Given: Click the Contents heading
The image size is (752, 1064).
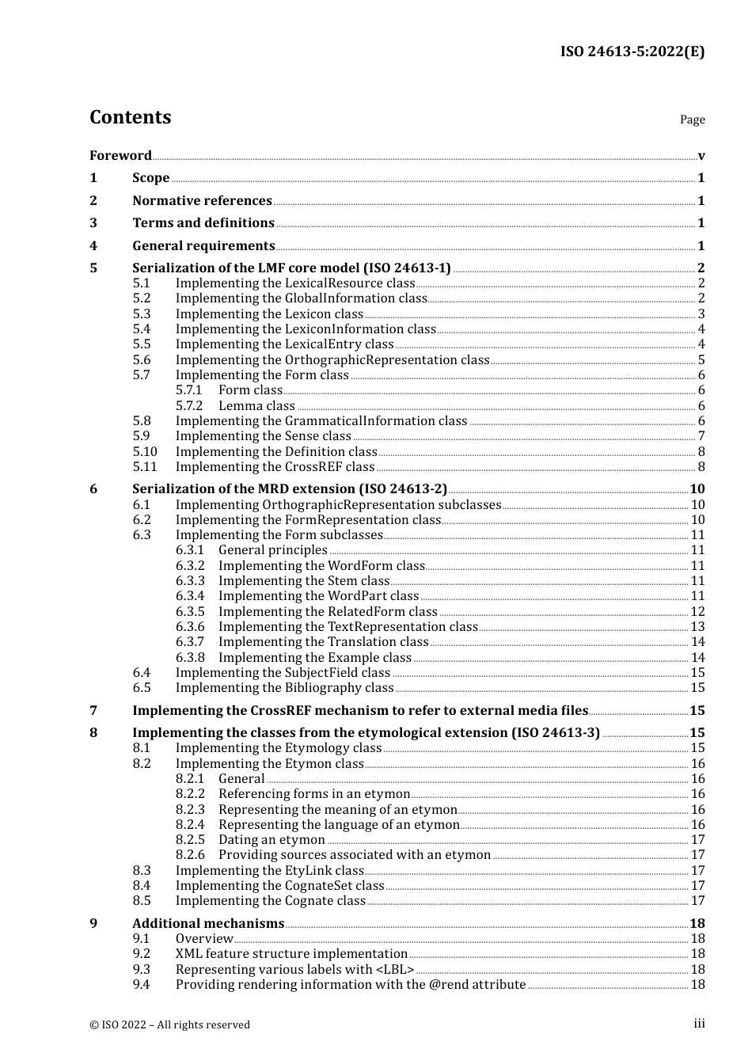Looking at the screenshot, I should pyautogui.click(x=130, y=117).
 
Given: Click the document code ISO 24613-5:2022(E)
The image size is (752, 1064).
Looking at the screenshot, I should pyautogui.click(x=632, y=51).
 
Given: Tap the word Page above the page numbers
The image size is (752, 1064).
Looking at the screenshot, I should pyautogui.click(x=692, y=120).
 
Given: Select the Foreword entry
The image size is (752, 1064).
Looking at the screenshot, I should pyautogui.click(x=120, y=155).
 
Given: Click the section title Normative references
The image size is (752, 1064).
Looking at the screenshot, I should pyautogui.click(x=202, y=200).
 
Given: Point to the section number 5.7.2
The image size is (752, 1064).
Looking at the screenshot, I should pyautogui.click(x=189, y=405).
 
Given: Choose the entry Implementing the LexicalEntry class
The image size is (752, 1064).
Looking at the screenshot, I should pyautogui.click(x=284, y=344).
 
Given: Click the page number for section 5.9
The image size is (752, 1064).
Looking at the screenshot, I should pyautogui.click(x=701, y=436).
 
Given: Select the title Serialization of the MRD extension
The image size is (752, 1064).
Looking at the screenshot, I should pyautogui.click(x=290, y=489).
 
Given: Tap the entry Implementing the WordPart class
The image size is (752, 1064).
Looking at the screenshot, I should pyautogui.click(x=318, y=596).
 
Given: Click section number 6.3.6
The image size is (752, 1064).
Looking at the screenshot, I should pyautogui.click(x=190, y=626).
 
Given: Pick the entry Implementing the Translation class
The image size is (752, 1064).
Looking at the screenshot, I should pyautogui.click(x=323, y=642).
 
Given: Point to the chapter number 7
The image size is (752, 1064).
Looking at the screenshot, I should pyautogui.click(x=93, y=711).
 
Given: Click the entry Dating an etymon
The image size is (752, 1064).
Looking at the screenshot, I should pyautogui.click(x=272, y=840).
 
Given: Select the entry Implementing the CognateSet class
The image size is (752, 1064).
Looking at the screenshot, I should pyautogui.click(x=279, y=886).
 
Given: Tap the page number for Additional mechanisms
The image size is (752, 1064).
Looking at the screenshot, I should pyautogui.click(x=697, y=924).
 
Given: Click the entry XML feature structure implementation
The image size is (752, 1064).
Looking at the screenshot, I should pyautogui.click(x=291, y=954).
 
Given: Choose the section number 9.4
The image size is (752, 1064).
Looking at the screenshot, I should pyautogui.click(x=141, y=985).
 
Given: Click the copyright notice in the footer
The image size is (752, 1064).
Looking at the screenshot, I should pyautogui.click(x=169, y=1024).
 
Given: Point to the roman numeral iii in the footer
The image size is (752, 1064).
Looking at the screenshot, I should pyautogui.click(x=699, y=1024).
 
